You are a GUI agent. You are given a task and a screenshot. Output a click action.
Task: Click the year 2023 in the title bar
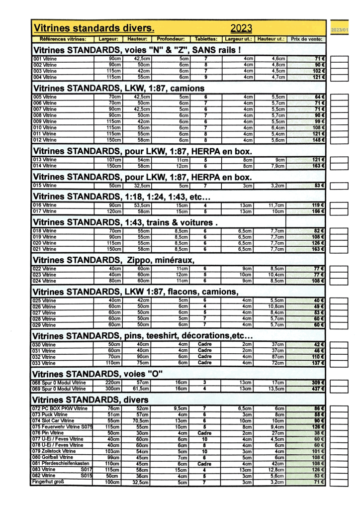242,28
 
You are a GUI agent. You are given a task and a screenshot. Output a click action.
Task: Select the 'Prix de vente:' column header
306,39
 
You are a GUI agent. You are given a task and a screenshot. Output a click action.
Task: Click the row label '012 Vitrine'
45,140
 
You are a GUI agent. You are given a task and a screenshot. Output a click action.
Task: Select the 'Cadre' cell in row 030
205,344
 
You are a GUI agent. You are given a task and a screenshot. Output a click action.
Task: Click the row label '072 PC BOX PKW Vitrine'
60,408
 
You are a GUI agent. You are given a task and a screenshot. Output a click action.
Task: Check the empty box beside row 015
339,186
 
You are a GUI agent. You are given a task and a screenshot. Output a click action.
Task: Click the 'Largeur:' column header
108,39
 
